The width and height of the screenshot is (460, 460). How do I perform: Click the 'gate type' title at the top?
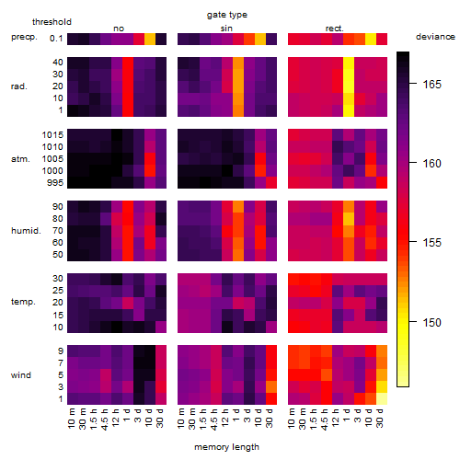click(227, 15)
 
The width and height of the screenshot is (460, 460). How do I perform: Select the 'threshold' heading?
click(52, 22)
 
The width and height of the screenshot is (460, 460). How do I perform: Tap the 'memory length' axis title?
click(226, 447)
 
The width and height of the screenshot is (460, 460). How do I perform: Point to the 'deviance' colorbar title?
click(435, 37)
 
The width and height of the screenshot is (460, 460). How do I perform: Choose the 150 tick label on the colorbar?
click(432, 322)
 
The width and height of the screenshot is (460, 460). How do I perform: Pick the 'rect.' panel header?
click(335, 29)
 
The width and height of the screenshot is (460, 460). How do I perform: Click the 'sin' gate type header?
click(226, 29)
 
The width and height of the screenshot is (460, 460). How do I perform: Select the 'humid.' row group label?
click(26, 231)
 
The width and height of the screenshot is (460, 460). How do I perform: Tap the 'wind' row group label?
click(21, 375)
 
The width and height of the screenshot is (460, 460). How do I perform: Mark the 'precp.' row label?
click(24, 37)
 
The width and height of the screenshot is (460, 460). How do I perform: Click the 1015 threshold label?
click(52, 134)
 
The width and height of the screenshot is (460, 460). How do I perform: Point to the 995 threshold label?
click(55, 183)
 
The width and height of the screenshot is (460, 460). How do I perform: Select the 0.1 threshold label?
click(56, 39)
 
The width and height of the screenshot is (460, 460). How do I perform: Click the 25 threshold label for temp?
click(58, 290)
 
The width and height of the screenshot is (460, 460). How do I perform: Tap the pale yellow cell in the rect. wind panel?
click(382, 398)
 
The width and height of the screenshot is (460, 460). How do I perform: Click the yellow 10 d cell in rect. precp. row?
click(371, 39)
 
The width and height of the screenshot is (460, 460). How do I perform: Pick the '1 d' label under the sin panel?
click(236, 415)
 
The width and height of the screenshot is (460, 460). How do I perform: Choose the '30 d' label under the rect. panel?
click(379, 418)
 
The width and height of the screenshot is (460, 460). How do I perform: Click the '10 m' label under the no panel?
click(71, 419)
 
